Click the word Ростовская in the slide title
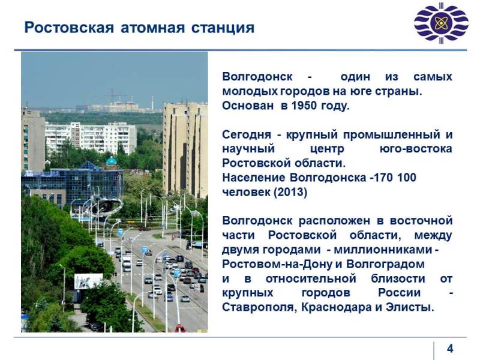coord(69,28)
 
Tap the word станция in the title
coord(223,28)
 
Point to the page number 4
coord(450,349)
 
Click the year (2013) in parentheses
coord(290,192)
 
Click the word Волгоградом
coord(385,264)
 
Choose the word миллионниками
coord(383,250)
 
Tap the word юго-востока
coord(416,149)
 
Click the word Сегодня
coord(247,135)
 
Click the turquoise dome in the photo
coord(111,161)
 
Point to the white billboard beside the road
coord(88,281)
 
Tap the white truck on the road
coord(127,263)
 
